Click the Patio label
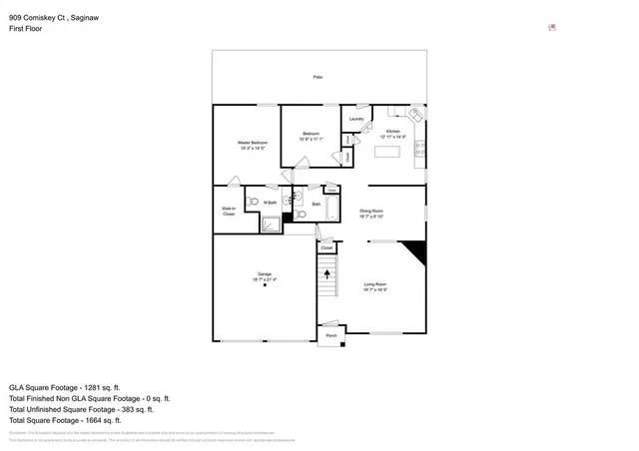point(318,77)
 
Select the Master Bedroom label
point(252,146)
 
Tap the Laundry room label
point(356,120)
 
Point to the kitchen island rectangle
point(386,153)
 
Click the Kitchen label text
point(392,133)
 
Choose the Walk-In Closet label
point(229,212)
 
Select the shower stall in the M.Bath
point(272,225)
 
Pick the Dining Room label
point(371,213)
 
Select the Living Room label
point(374,288)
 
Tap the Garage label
point(264,276)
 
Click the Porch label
point(330,336)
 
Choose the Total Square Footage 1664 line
point(64,420)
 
